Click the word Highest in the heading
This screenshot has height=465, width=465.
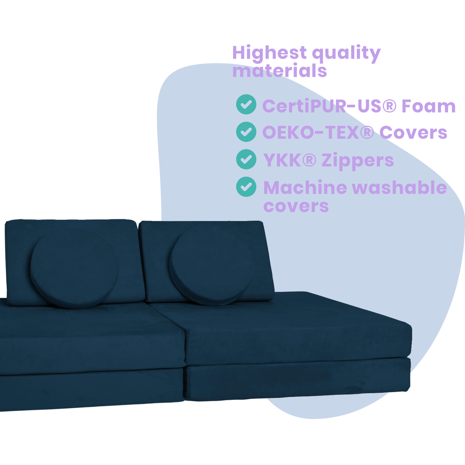tap(269, 53)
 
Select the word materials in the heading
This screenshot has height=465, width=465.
tap(279, 71)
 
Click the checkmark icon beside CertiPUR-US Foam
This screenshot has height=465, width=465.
tap(246, 104)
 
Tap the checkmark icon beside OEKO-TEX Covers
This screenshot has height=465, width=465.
tap(246, 131)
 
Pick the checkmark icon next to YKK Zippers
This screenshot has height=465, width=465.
tap(246, 159)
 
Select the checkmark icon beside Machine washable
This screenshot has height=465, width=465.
tap(246, 187)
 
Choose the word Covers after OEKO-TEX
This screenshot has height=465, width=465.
tap(413, 133)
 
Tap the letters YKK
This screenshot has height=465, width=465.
tap(283, 160)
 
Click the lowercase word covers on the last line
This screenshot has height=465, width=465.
tap(296, 206)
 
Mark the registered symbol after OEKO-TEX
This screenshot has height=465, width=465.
tap(367, 133)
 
